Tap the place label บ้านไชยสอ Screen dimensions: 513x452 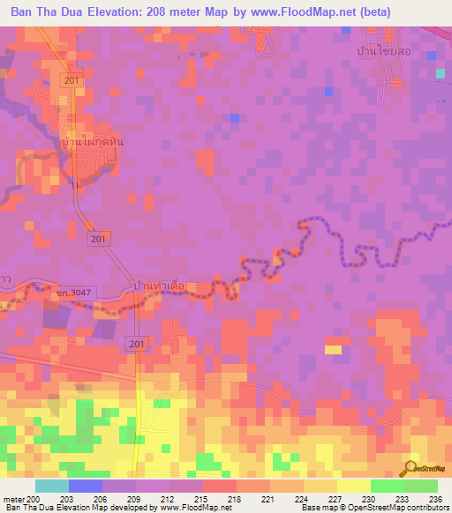(x=370, y=52)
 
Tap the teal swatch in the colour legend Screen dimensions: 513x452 (x=51, y=486)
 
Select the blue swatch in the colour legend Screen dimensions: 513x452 (x=85, y=486)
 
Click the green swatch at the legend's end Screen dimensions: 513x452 (x=420, y=486)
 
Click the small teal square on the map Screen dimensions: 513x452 (x=440, y=73)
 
